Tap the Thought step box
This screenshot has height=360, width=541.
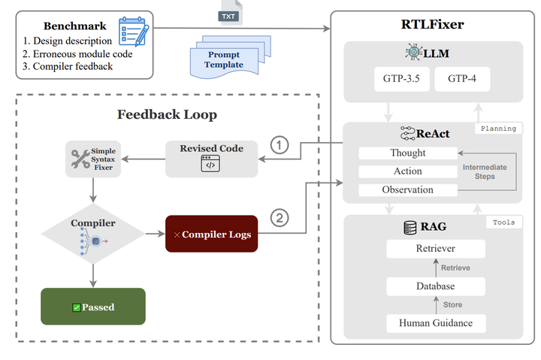408,153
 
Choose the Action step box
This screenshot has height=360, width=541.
408,171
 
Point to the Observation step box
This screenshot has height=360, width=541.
408,190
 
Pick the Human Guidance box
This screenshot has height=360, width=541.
434,323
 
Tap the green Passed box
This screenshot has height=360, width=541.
92,307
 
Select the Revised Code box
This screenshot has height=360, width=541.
211,158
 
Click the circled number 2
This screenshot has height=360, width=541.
279,219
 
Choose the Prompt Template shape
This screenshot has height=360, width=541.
224,59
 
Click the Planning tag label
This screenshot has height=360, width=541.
498,129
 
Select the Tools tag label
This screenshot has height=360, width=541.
503,223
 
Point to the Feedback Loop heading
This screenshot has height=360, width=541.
167,114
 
